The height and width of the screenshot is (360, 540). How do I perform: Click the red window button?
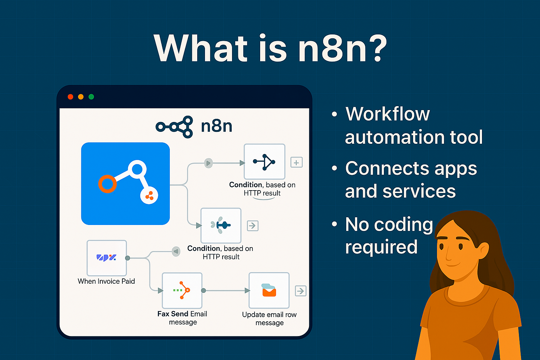70,97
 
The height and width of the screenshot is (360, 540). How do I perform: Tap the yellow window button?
81,97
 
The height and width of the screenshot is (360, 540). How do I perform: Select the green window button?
91,97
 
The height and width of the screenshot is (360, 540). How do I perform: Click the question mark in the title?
375,48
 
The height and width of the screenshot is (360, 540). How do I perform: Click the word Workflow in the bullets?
387,114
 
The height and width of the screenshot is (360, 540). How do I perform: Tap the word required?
381,247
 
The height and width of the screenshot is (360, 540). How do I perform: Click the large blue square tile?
126,184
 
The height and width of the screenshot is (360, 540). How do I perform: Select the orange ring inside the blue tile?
107,184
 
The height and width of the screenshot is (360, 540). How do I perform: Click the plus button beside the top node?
296,162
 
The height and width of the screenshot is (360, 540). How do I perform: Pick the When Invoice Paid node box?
107,258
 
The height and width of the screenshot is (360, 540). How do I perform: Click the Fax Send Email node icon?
182,290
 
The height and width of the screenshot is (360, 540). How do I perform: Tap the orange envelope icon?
269,291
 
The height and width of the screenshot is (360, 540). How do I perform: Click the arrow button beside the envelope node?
301,291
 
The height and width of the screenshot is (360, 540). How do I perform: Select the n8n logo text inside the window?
217,126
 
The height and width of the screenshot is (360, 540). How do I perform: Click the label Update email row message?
269,319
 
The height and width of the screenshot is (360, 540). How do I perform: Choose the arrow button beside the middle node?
252,225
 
